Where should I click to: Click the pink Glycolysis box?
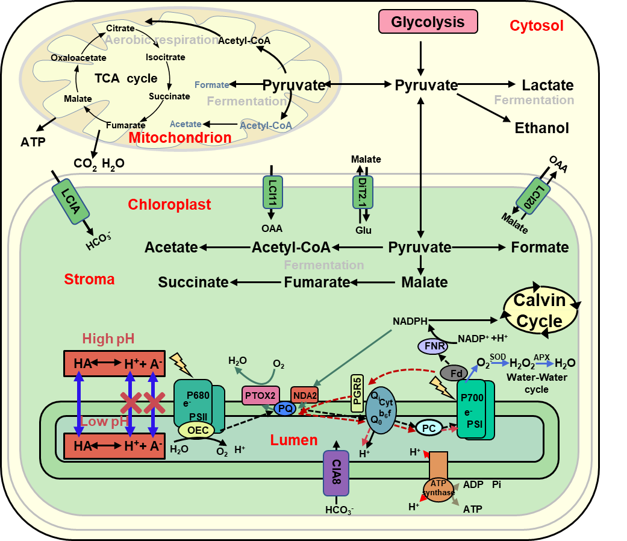[428, 22]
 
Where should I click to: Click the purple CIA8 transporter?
[336, 473]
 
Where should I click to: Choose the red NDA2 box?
[304, 395]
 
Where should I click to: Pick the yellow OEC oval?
[197, 430]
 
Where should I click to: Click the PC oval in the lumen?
[429, 428]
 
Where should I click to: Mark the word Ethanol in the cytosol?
[541, 128]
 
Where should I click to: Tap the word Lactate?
[547, 86]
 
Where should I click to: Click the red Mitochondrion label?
[180, 138]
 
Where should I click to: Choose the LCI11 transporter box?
[273, 192]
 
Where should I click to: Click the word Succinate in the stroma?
[193, 282]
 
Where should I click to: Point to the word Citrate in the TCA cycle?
[120, 28]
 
